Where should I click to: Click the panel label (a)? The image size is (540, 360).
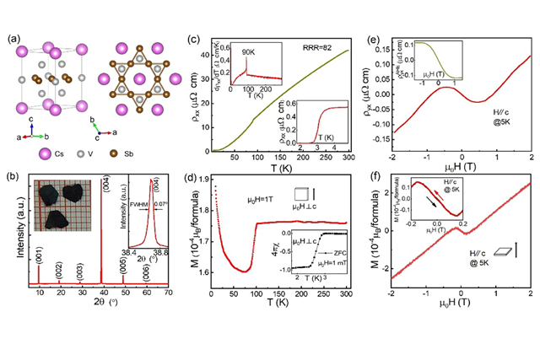[x=12, y=38]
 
